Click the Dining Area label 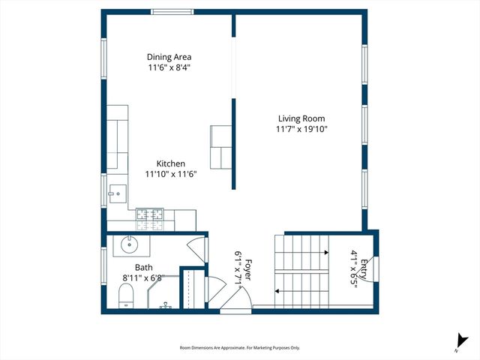[169, 57]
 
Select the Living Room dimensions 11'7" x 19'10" [301, 129]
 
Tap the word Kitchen [170, 163]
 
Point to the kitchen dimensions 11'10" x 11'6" [170, 174]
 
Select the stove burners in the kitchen [154, 218]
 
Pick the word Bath [144, 268]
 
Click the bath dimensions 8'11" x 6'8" [144, 277]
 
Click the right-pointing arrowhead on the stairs [326, 253]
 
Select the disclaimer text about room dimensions [240, 348]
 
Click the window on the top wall [173, 12]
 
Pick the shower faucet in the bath [167, 307]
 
